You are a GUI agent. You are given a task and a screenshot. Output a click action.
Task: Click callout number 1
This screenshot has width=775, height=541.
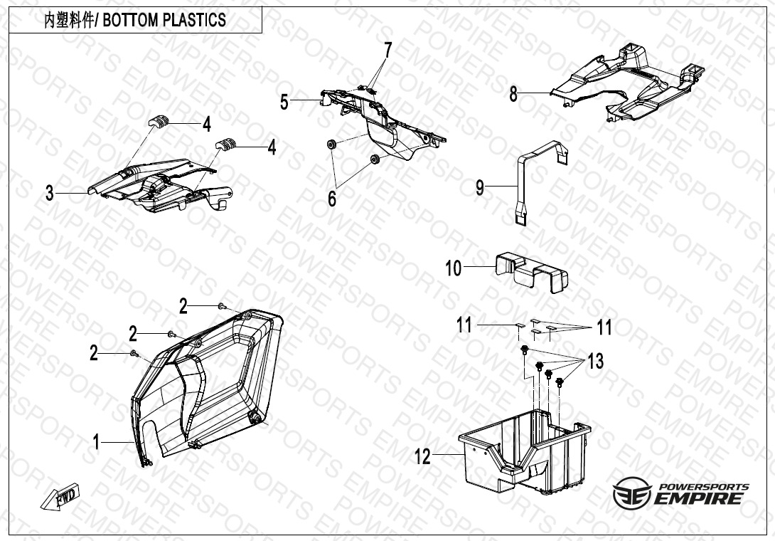coord(97,441)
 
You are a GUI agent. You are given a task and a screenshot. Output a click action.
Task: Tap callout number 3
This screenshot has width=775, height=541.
coord(50,193)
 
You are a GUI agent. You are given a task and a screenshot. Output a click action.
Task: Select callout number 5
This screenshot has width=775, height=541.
coord(284,102)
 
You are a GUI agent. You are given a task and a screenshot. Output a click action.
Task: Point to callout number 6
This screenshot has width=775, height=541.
coord(332,199)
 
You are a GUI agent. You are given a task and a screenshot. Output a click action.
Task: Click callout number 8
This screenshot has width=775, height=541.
coord(513,93)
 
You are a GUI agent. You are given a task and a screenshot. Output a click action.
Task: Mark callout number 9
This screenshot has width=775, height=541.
coord(480,188)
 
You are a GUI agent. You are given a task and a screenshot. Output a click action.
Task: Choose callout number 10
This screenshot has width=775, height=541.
coord(453,268)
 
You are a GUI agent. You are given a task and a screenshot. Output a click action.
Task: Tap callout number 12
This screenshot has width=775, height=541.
coord(422,457)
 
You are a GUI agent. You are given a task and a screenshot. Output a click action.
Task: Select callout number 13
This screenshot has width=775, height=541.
coord(596,362)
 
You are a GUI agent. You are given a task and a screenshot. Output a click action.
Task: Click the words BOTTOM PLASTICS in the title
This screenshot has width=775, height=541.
coord(164,21)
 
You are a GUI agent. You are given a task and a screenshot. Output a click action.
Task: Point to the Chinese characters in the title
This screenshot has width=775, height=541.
coord(69,21)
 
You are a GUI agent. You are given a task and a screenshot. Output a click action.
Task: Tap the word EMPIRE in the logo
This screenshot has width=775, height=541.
coord(698,498)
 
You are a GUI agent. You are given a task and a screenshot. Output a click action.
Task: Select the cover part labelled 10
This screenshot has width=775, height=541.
coord(531,272)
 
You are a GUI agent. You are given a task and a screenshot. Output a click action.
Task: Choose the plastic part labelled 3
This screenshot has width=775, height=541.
coord(158,186)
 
